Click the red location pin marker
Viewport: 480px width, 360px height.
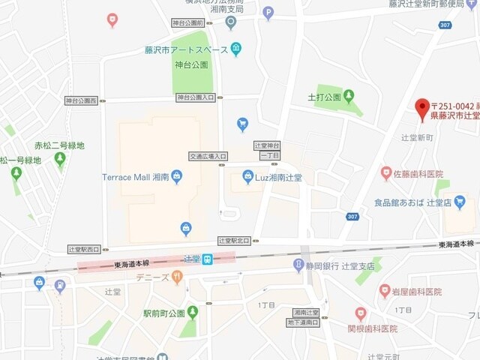click(422, 107)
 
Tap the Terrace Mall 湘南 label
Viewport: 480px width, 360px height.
click(135, 178)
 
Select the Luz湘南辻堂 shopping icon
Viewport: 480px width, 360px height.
click(248, 177)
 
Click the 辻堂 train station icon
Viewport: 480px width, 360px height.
click(208, 259)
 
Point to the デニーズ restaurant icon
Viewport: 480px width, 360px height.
click(177, 277)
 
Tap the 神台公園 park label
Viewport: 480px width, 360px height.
click(192, 65)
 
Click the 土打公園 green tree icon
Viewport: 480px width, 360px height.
click(349, 96)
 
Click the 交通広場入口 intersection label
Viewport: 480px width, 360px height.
click(207, 156)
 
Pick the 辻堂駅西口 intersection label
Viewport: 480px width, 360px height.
click(83, 248)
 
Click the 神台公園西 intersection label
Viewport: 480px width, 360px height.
click(81, 100)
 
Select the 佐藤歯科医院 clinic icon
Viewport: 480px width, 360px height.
click(386, 173)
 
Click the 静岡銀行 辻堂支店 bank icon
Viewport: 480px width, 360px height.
click(298, 265)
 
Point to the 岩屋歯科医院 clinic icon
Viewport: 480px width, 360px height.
click(386, 291)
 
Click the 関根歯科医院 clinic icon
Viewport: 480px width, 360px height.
click(361, 313)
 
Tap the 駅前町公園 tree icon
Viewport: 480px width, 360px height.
click(193, 311)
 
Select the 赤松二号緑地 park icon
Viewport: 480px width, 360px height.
click(60, 159)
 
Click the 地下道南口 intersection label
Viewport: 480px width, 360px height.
click(304, 322)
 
